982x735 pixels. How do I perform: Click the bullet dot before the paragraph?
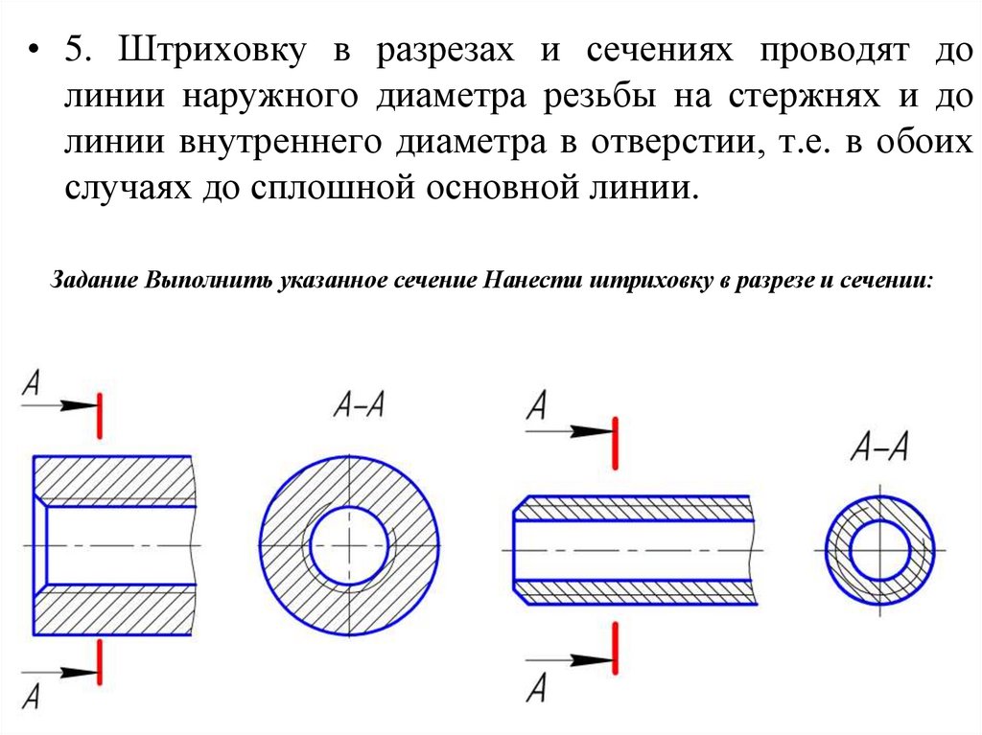[35, 51]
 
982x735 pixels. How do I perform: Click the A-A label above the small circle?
[879, 448]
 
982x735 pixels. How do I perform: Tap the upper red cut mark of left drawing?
[99, 414]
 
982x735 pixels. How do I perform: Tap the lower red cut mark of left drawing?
[99, 660]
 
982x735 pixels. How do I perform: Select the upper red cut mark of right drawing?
[615, 438]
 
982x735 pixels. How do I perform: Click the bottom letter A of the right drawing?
[536, 687]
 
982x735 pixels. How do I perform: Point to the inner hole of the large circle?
[349, 545]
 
